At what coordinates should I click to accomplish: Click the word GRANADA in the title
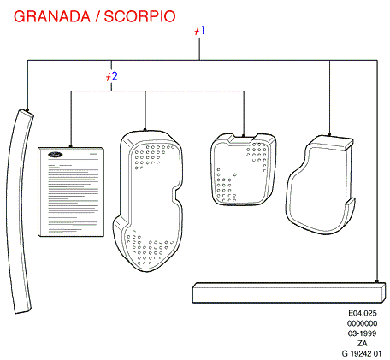pyautogui.click(x=52, y=16)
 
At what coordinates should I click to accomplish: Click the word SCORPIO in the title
pyautogui.click(x=139, y=16)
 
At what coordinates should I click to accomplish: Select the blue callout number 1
pyautogui.click(x=202, y=30)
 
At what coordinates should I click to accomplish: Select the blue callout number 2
pyautogui.click(x=114, y=76)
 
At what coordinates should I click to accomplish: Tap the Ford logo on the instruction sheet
pyautogui.click(x=56, y=155)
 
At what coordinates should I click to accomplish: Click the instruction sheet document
pyautogui.click(x=71, y=192)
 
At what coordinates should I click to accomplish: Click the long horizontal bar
pyautogui.click(x=289, y=292)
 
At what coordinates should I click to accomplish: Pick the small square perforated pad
pyautogui.click(x=244, y=169)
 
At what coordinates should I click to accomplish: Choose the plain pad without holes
pyautogui.click(x=321, y=185)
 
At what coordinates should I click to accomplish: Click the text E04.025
pyautogui.click(x=363, y=313)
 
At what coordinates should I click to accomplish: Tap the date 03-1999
pyautogui.click(x=362, y=333)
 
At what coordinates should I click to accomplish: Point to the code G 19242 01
pyautogui.click(x=362, y=354)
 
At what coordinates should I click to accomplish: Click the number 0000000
pyautogui.click(x=362, y=323)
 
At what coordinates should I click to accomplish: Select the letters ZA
pyautogui.click(x=362, y=344)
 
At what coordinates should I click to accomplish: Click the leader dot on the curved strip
pyautogui.click(x=27, y=110)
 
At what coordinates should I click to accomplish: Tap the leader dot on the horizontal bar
pyautogui.click(x=377, y=281)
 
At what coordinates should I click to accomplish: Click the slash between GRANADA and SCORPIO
pyautogui.click(x=97, y=16)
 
